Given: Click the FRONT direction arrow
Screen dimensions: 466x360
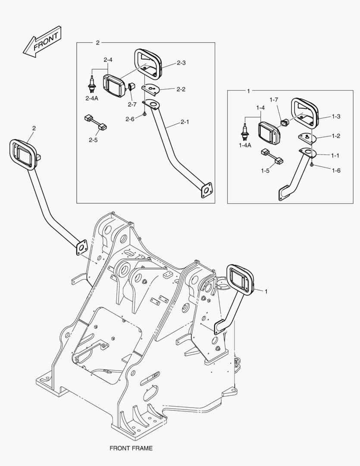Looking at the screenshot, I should click(x=42, y=42).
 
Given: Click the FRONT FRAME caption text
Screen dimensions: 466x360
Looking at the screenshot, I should click(x=131, y=448).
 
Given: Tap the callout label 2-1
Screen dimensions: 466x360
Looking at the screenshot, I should click(x=185, y=122).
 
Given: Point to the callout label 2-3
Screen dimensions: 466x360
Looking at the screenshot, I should click(x=181, y=63).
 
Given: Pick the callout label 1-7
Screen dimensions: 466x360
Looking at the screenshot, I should click(x=274, y=100).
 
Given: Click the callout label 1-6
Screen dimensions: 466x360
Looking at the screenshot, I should click(x=336, y=170).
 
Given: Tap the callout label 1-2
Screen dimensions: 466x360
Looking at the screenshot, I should click(x=335, y=136).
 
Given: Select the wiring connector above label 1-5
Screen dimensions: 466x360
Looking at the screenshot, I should click(x=272, y=156).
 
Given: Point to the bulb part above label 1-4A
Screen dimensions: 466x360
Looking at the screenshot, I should click(x=244, y=131).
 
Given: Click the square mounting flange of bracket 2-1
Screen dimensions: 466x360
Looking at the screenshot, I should click(x=207, y=190).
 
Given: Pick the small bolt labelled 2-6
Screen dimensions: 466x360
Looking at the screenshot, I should click(x=145, y=114).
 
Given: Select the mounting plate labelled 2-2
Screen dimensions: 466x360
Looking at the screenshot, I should click(x=150, y=88).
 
